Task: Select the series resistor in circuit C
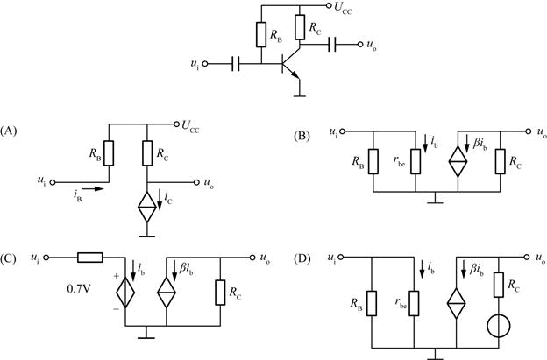[89, 258]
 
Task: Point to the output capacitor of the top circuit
[334, 42]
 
